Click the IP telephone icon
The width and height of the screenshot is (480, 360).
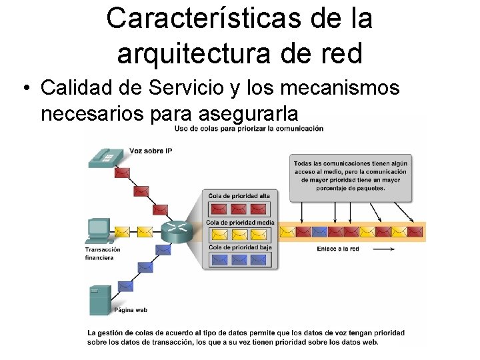click(105, 156)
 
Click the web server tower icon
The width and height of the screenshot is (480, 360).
click(100, 299)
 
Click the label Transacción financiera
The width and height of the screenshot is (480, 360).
click(103, 253)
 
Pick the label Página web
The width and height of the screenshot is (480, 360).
click(131, 310)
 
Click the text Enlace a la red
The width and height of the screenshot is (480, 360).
click(338, 249)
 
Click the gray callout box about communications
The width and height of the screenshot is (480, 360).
click(351, 177)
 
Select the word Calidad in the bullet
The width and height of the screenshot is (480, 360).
click(73, 87)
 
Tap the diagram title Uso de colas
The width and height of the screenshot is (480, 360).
click(249, 128)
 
